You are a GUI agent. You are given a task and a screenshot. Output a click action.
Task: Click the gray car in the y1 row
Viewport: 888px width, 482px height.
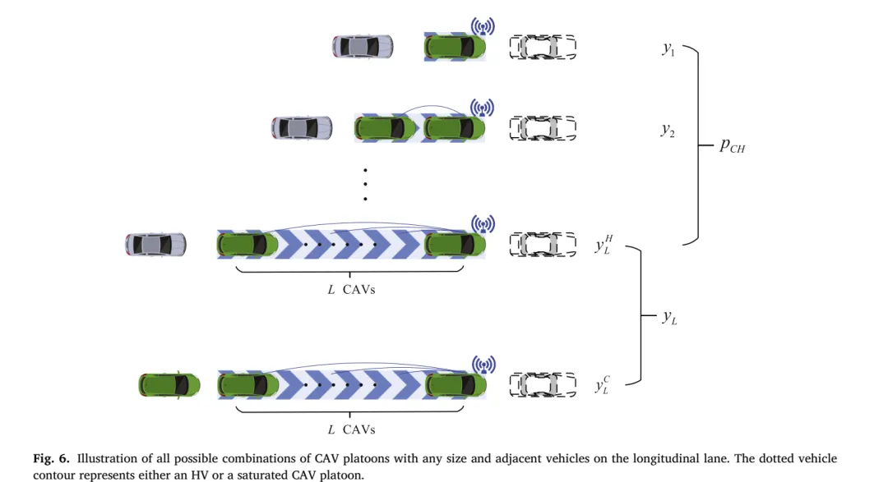point(363,46)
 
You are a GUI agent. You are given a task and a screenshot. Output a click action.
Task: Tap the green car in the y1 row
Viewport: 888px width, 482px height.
point(455,47)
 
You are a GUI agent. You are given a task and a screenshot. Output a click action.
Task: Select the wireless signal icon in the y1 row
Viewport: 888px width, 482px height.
point(483,26)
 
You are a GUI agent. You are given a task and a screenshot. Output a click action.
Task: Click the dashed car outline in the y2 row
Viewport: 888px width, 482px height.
point(543,128)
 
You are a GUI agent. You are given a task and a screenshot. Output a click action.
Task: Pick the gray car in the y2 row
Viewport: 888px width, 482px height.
point(302,128)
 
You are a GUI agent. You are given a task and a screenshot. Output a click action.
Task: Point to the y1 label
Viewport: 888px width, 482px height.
point(668,49)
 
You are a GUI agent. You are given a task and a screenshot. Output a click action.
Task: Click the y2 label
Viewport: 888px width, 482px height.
point(668,131)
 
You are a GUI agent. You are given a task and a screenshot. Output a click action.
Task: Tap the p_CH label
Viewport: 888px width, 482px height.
point(733,145)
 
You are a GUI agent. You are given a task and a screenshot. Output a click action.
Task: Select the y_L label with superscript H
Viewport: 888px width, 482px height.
point(604,245)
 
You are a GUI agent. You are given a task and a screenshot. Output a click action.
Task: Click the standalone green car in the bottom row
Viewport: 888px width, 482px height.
point(169,385)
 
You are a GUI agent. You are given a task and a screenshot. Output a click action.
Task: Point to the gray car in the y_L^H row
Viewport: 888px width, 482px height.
point(155,245)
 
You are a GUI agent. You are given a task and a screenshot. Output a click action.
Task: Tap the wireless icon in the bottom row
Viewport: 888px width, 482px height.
point(483,365)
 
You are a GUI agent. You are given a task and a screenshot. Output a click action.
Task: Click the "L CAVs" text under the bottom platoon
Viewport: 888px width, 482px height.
point(352,430)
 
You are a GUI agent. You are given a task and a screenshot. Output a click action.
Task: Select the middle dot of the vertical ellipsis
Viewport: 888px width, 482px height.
point(365,184)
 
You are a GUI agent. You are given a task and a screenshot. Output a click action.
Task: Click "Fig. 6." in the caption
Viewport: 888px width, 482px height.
point(51,458)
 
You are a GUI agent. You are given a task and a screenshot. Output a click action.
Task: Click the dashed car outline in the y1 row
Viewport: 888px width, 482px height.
point(543,47)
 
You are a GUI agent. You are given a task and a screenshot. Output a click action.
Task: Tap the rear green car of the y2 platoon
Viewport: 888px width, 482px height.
point(385,128)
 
